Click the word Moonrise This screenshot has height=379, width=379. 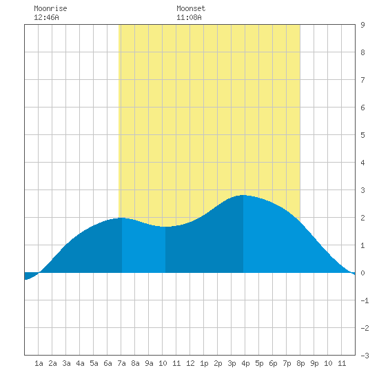50,8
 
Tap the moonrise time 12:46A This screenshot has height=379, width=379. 46,17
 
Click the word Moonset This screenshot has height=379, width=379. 191,8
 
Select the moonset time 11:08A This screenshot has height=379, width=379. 189,17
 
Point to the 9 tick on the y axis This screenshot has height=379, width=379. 362,25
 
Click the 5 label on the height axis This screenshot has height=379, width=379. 362,135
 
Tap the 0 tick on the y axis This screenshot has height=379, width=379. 362,273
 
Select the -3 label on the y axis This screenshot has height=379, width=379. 365,356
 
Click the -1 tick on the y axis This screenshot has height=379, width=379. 365,300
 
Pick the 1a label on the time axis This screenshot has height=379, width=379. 39,363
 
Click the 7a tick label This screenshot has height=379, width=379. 121,363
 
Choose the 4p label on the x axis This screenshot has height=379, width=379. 245,363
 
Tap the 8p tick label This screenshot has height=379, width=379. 300,363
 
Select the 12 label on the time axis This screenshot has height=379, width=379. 190,363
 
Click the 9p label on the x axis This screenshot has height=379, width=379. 314,363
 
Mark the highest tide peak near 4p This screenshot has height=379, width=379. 243,195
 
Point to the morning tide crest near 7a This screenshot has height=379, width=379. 122,218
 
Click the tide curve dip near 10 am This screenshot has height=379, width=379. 165,227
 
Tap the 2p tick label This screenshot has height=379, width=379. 218,363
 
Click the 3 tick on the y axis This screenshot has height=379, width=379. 362,190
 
